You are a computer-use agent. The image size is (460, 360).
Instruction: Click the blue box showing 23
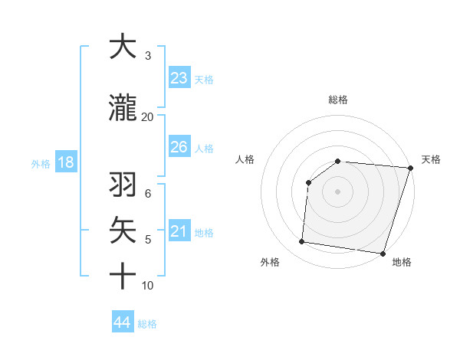click(179, 78)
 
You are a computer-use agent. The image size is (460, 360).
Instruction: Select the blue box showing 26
click(179, 147)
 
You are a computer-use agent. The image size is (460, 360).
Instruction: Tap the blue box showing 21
click(179, 231)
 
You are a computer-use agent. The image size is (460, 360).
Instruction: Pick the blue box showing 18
click(64, 162)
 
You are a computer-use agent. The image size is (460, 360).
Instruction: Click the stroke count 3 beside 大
click(148, 56)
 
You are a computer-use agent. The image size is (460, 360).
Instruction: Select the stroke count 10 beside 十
click(148, 286)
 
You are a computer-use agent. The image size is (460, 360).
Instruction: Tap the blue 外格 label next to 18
click(41, 163)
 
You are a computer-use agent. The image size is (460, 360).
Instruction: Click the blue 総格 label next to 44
click(147, 323)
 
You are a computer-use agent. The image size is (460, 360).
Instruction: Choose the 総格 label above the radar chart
click(338, 100)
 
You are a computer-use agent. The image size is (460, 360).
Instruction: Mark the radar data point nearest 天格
click(410, 168)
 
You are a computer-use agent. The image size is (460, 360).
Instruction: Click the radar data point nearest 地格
click(383, 254)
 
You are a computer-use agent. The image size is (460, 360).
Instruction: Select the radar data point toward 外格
click(302, 242)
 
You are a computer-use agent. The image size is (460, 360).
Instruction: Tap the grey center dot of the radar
click(338, 191)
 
